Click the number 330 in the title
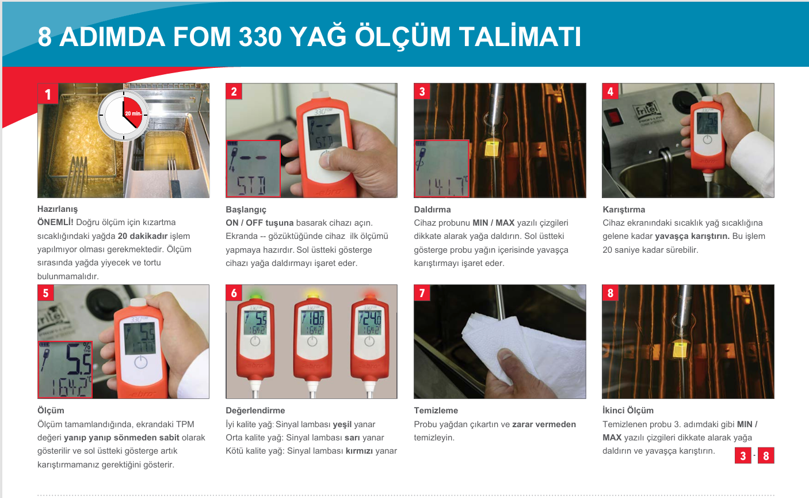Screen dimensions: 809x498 260,37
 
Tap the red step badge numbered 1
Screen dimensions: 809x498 48,94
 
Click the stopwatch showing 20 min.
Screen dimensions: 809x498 124,115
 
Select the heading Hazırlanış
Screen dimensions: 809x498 58,209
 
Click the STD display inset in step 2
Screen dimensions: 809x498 253,169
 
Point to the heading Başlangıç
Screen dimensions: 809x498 246,210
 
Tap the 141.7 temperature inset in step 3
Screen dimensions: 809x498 441,169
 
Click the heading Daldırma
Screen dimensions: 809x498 432,210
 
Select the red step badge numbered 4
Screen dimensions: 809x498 610,92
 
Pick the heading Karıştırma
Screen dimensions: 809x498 624,210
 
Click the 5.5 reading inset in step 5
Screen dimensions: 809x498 65,370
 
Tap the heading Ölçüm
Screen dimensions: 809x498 51,410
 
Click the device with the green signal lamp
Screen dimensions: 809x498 255,343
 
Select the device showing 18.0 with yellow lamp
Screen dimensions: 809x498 312,343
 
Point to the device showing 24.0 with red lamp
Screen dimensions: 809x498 369,343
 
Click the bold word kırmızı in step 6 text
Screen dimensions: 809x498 359,451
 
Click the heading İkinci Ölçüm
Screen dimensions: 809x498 628,410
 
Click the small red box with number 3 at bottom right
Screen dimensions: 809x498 743,456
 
